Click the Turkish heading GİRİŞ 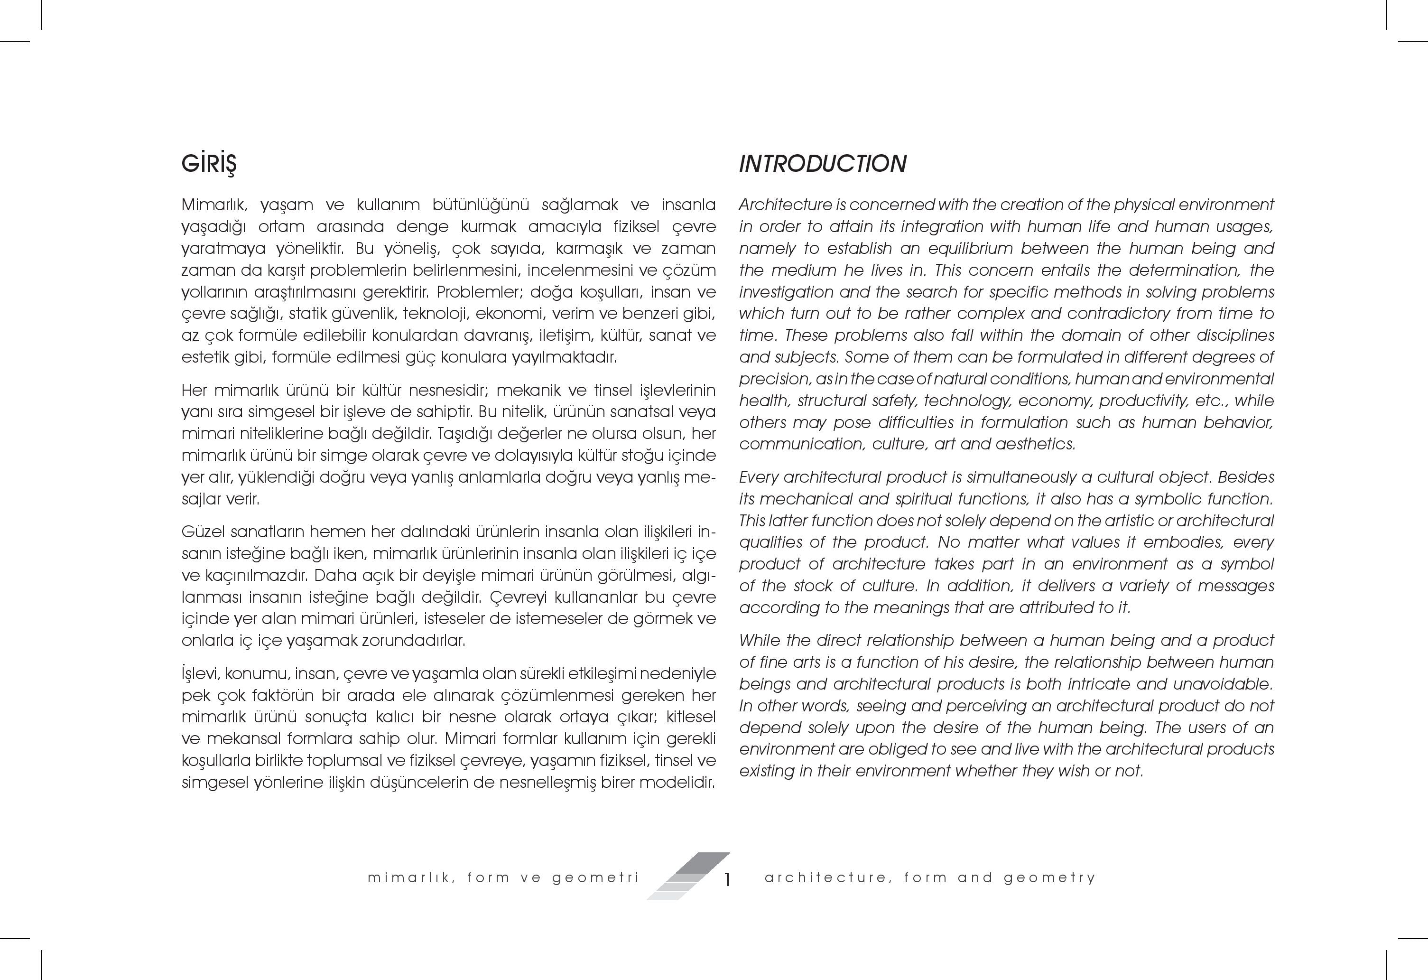pos(209,164)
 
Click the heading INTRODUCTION pos(822,164)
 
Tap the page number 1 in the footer pos(727,880)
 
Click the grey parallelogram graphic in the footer pos(687,876)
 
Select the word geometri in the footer pos(595,878)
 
